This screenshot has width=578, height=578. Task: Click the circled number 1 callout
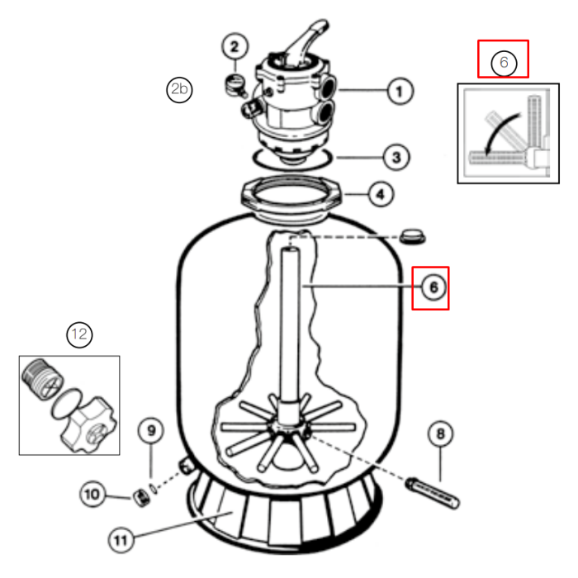(400, 91)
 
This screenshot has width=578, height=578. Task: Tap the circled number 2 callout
(235, 46)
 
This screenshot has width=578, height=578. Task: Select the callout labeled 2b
(179, 89)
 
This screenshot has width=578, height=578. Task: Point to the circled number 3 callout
(396, 158)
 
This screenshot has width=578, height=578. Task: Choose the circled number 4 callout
(381, 194)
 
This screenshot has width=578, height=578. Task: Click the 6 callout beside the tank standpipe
(433, 287)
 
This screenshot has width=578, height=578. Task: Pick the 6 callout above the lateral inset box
(504, 63)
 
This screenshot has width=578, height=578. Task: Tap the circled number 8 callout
(440, 433)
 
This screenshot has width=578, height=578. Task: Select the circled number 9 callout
(151, 430)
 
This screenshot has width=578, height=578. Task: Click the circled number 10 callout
(92, 494)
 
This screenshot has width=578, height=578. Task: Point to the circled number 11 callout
(121, 540)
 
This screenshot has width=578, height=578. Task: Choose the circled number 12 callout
(79, 334)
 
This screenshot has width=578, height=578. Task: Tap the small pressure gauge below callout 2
(236, 86)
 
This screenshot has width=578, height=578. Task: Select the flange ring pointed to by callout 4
(291, 199)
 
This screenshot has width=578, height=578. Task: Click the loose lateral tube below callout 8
(433, 493)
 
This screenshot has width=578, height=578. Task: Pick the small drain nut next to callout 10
(141, 498)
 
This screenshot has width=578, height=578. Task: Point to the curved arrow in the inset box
(502, 133)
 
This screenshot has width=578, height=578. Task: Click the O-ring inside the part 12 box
(66, 404)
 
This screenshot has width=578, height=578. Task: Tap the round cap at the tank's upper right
(413, 236)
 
